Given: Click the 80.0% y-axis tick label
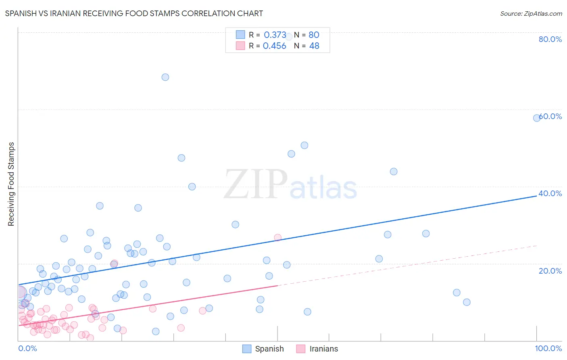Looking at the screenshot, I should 550,39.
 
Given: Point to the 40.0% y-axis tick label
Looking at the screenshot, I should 550,193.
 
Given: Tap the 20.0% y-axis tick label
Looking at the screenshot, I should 550,270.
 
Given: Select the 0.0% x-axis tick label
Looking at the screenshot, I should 27,348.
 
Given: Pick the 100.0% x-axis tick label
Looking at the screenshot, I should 548,348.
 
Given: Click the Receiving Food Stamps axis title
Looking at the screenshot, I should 11,184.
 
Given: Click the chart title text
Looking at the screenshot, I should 134,13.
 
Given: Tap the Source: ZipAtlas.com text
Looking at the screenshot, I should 531,13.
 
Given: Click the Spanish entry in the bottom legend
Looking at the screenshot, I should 269,349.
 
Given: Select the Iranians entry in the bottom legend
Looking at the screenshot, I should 323,349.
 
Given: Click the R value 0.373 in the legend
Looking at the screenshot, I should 275,35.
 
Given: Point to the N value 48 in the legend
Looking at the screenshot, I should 314,46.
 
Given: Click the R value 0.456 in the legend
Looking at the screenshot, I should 274,46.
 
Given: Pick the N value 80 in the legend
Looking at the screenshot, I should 314,35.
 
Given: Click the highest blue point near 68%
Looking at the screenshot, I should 165,77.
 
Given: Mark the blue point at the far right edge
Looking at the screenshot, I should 537,118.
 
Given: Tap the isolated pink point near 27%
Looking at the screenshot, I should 277,237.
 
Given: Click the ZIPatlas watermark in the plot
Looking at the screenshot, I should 290,184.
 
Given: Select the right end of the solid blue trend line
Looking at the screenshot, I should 537,195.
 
